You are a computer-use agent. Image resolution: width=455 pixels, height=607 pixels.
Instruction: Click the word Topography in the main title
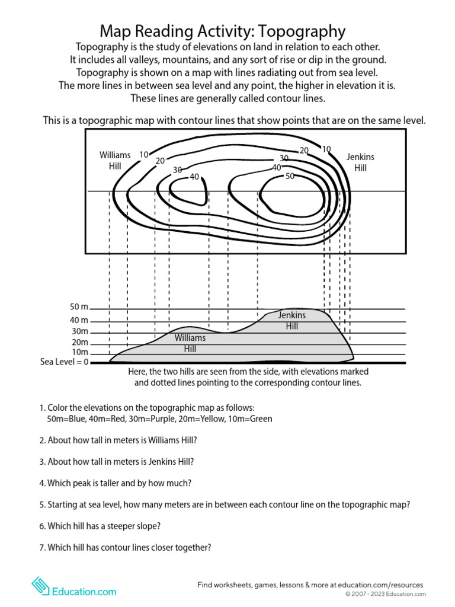304,31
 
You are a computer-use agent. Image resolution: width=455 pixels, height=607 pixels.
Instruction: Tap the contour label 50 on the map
290,176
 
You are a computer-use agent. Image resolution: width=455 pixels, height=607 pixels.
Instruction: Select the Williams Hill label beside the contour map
115,161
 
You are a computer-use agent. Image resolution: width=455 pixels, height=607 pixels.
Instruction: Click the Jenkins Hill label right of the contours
360,162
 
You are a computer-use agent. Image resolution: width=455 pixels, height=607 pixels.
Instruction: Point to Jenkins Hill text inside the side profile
291,321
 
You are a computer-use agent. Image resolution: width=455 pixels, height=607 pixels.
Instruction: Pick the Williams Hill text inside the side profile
190,343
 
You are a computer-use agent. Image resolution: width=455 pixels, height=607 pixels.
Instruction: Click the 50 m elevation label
79,307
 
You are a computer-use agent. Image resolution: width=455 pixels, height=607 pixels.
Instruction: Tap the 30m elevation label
80,331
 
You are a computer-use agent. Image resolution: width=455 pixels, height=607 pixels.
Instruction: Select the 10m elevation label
80,352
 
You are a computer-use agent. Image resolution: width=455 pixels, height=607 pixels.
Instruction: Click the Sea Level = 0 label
64,362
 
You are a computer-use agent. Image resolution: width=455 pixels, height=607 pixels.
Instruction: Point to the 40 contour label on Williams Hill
194,177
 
